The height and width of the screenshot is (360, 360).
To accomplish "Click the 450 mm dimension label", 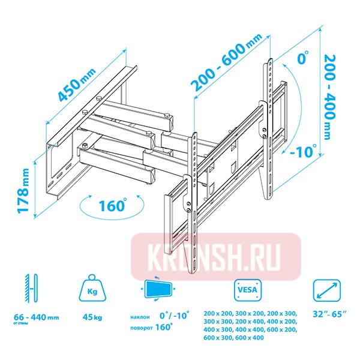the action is click(77, 85).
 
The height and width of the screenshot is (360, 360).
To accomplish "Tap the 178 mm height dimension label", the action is click(23, 191).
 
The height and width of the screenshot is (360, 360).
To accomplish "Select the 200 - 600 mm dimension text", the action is click(226, 62).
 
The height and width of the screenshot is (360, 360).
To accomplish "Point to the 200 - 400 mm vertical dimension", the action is click(330, 97).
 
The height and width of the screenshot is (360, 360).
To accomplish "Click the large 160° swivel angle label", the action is click(113, 205).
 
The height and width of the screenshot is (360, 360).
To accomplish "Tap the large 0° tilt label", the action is click(303, 57).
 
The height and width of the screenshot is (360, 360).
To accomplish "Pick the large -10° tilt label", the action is click(303, 151).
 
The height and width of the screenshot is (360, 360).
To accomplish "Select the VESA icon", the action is click(248, 290).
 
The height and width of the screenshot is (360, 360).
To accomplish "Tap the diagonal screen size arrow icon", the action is click(327, 290).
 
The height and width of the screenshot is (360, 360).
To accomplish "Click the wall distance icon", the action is click(31, 288).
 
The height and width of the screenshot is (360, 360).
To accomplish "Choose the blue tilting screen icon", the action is click(158, 289).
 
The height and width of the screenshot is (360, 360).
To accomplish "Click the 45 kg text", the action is click(92, 317).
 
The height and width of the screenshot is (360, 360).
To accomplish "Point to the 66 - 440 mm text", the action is click(37, 317).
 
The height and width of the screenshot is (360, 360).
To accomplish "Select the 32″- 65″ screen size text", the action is click(329, 314).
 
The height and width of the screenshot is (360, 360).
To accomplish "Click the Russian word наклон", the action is click(140, 317).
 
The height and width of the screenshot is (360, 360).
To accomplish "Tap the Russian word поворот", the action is click(142, 328).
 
